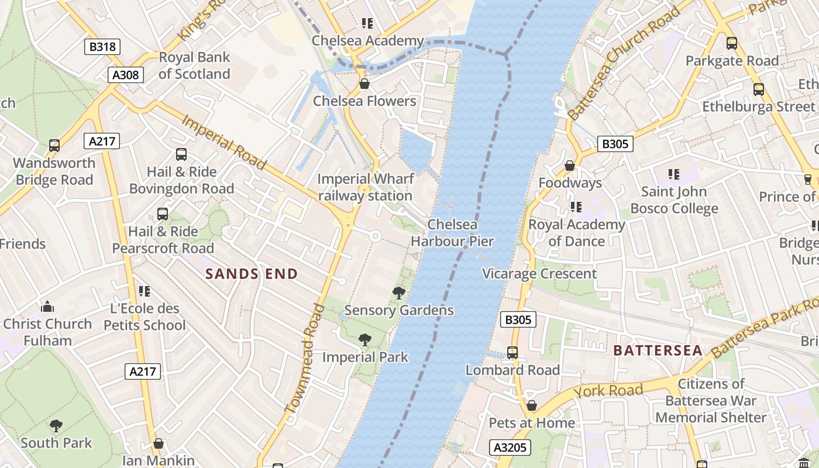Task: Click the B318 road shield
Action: point(102,47)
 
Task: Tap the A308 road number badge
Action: point(126,75)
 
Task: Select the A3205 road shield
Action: point(510,448)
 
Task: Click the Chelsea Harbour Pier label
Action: point(452,233)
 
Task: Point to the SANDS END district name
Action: point(252,274)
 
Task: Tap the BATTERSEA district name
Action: point(658,350)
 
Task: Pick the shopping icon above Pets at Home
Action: point(532,405)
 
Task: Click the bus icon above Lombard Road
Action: point(512,353)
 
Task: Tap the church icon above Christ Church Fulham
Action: point(47,307)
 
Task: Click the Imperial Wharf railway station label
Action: point(366,187)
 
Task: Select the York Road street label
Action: point(608,391)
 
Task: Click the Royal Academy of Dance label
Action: point(577,233)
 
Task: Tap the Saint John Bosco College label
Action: point(674,200)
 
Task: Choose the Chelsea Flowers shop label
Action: point(364,101)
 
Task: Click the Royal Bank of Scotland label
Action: point(194,66)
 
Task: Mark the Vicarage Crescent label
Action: point(539,274)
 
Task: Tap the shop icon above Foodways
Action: point(570,166)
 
